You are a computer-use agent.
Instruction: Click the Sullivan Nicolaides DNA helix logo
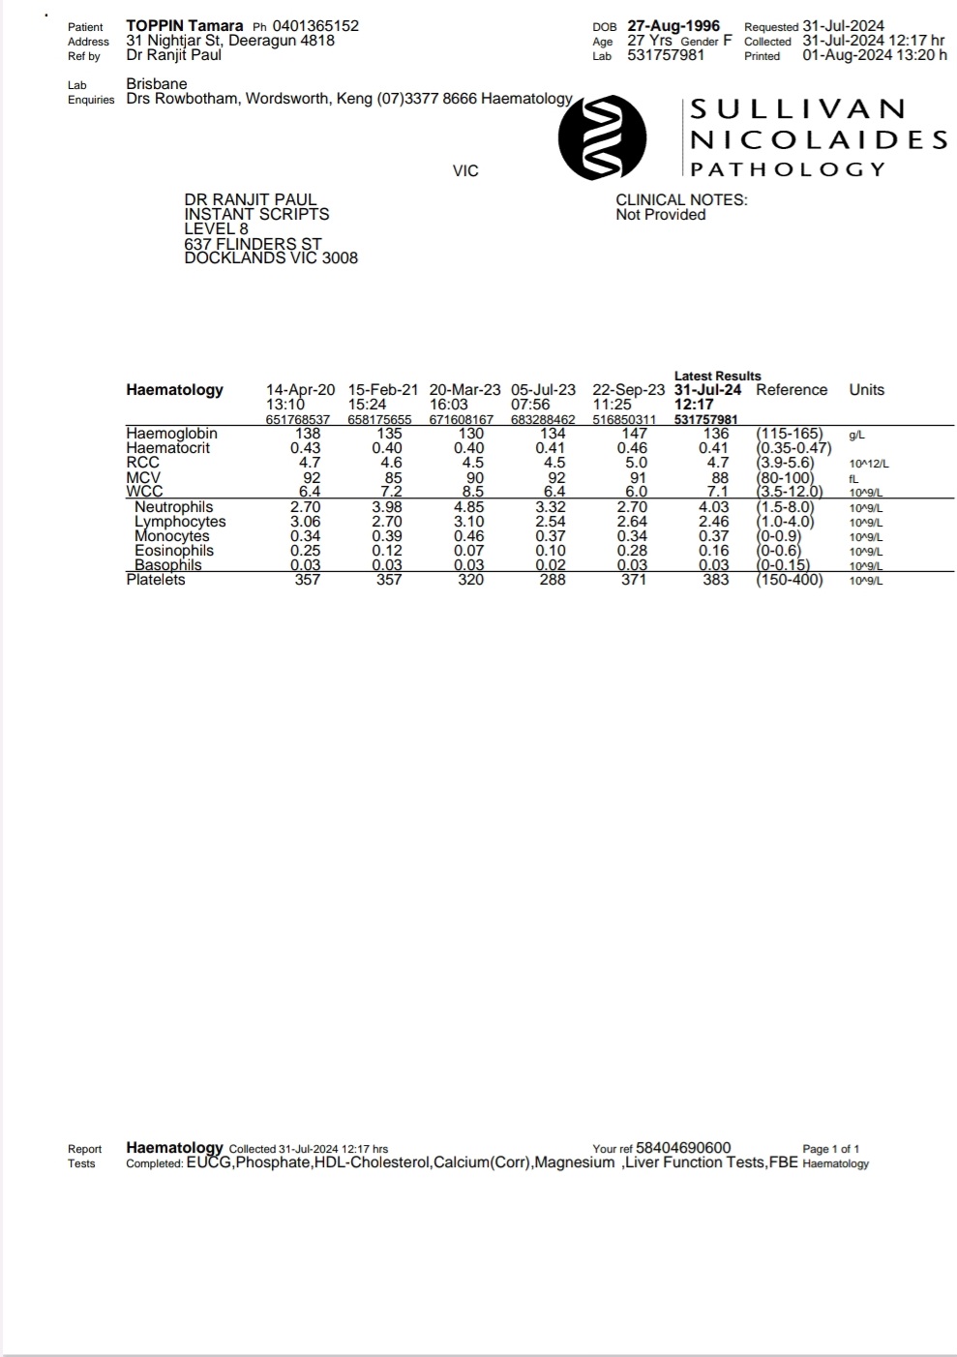(602, 137)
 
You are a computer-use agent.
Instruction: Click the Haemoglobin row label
(171, 434)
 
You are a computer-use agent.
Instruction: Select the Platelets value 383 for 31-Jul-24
(716, 580)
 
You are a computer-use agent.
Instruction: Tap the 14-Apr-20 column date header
(300, 390)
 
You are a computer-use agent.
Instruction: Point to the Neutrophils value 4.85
(469, 507)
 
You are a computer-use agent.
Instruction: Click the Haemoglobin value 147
(635, 434)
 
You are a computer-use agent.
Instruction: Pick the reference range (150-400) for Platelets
(790, 580)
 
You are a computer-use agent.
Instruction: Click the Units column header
(866, 390)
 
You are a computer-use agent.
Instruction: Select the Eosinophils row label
(174, 551)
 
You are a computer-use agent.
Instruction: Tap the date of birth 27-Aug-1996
(673, 26)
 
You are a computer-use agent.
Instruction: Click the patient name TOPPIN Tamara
(184, 26)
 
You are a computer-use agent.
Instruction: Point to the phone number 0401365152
(315, 26)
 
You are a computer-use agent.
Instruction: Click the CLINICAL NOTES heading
(681, 200)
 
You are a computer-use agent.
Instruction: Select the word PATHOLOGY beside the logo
(788, 169)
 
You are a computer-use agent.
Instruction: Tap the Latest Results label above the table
(717, 376)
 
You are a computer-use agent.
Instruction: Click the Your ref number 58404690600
(683, 1148)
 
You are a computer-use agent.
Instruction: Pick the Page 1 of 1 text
(830, 1149)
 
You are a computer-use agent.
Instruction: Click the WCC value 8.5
(472, 493)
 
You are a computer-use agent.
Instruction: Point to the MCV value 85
(391, 478)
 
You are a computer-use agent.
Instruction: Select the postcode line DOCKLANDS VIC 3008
(271, 258)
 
